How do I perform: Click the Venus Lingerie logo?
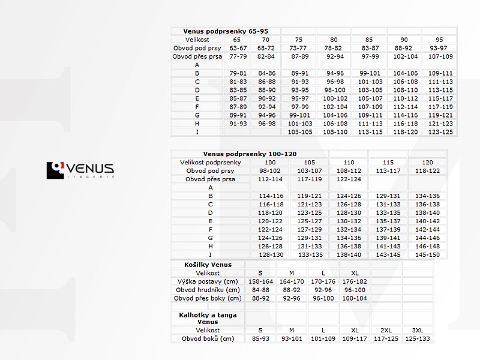click(80, 170)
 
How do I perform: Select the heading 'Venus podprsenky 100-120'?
click(250, 154)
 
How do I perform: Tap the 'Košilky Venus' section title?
click(208, 264)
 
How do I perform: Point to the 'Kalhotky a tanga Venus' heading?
click(208, 318)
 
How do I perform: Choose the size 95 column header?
click(439, 39)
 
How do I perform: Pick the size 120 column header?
click(427, 162)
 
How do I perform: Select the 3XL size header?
click(417, 330)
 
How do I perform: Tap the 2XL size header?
click(385, 330)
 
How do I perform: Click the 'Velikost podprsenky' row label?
click(210, 162)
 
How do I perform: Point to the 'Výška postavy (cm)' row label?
click(208, 281)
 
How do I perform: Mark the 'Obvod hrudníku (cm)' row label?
click(208, 290)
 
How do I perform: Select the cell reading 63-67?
click(238, 47)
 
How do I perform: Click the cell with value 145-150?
click(427, 254)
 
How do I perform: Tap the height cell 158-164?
click(260, 281)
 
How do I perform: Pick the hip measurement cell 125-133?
click(417, 338)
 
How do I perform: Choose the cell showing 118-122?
click(427, 170)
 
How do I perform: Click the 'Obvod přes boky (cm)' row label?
click(208, 298)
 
